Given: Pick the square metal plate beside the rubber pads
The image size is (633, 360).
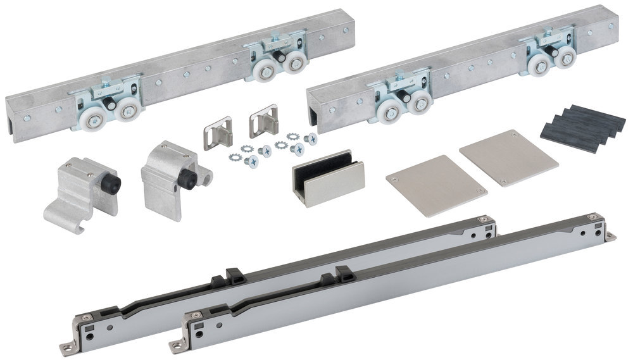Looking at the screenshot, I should click(x=508, y=157).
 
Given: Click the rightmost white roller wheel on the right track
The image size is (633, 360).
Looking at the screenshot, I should click(x=557, y=63).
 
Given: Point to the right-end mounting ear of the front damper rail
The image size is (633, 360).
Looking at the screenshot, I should click(x=611, y=236).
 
